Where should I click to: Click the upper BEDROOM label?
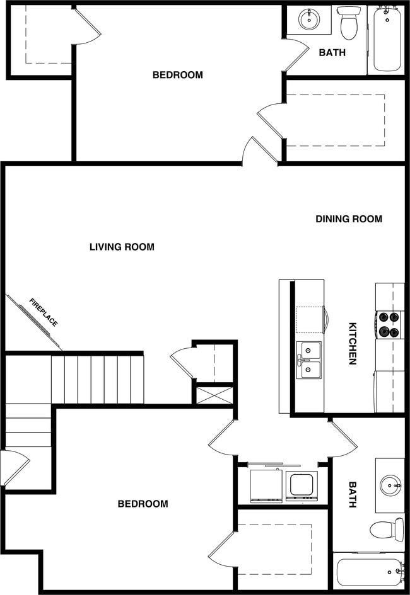pyautogui.click(x=178, y=75)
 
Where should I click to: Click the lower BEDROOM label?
pyautogui.click(x=143, y=504)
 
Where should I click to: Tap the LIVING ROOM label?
pyautogui.click(x=122, y=247)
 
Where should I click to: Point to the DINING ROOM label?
pyautogui.click(x=349, y=219)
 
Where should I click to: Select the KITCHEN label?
pyautogui.click(x=353, y=344)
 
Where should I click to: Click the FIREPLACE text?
pyautogui.click(x=44, y=313)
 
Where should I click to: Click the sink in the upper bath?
pyautogui.click(x=309, y=19)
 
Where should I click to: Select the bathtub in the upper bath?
pyautogui.click(x=387, y=39)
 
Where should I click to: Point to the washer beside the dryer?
pyautogui.click(x=266, y=485)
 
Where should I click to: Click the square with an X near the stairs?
pyautogui.click(x=214, y=395)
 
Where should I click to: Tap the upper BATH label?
pyautogui.click(x=332, y=53)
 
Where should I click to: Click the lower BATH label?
pyautogui.click(x=353, y=495)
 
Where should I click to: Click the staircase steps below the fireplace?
pyautogui.click(x=98, y=379)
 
